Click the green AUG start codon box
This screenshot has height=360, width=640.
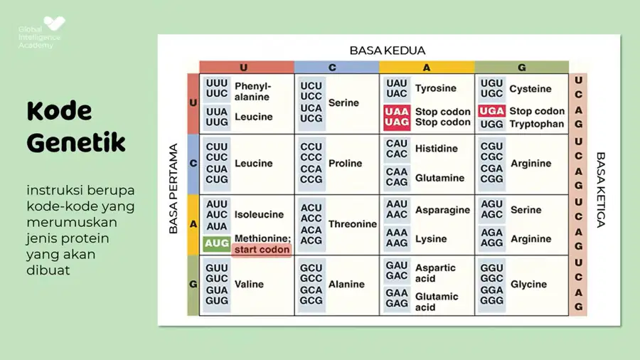[216, 243]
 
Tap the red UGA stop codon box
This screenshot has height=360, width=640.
[492, 111]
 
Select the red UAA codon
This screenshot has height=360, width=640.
[397, 112]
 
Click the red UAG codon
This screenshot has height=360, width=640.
[397, 122]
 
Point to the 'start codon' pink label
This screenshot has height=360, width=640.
[262, 250]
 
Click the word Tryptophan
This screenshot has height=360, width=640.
[537, 124]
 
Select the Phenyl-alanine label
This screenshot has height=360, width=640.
[252, 92]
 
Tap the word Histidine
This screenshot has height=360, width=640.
[437, 149]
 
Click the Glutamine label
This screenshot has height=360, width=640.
[439, 178]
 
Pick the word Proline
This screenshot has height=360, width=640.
[346, 163]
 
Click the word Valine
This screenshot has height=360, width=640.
[249, 284]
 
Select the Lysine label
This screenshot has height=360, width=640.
[431, 239]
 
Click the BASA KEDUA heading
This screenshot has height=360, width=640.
[388, 51]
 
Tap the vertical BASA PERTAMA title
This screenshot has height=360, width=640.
[174, 189]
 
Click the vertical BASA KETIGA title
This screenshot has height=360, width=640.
[600, 190]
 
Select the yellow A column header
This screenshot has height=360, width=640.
[427, 68]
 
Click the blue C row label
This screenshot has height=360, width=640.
[193, 164]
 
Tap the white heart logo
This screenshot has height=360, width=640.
[54, 23]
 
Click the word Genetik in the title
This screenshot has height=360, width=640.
[76, 143]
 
